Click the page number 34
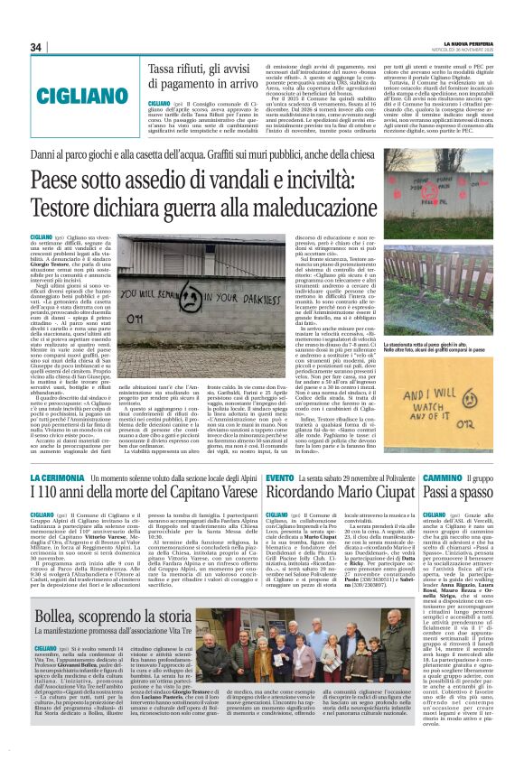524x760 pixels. pos(36,47)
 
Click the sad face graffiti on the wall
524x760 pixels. pos(189,297)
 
